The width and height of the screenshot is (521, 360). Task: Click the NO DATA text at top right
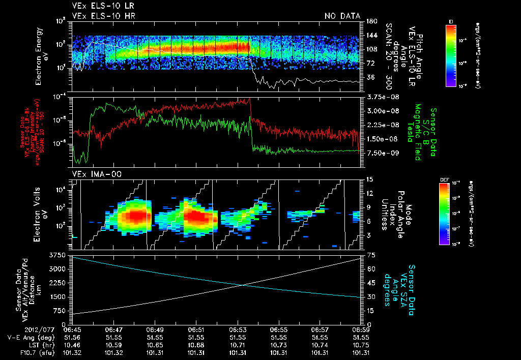[342, 16]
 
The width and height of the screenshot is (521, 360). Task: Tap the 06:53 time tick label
[238, 329]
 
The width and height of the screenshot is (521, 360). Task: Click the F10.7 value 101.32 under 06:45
[72, 352]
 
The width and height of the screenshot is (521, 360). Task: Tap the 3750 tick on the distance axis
[58, 254]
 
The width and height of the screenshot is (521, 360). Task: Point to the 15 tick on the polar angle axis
[369, 179]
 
